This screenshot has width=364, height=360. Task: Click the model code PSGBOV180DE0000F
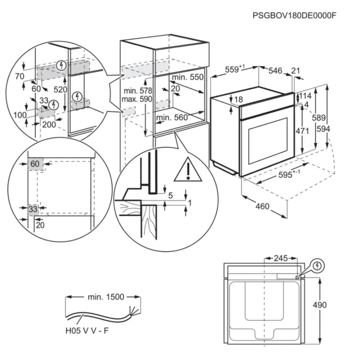[294, 15]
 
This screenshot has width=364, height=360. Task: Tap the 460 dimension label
[262, 206]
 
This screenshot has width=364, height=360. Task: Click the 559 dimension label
[235, 70]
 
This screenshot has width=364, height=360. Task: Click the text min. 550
[187, 77]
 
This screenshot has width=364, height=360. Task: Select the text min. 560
[172, 117]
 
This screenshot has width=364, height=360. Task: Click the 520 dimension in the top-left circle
[60, 90]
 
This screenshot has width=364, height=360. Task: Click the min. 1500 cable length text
[106, 297]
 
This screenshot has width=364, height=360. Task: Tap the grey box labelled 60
[35, 164]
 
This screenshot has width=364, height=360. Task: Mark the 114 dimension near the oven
[306, 96]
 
